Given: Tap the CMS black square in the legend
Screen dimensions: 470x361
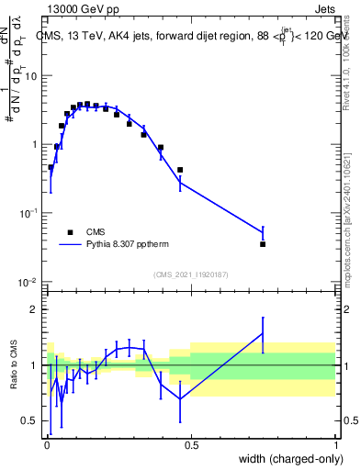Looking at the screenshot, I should tap(70, 232).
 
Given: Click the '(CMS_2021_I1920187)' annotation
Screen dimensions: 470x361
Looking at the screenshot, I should tap(190, 274).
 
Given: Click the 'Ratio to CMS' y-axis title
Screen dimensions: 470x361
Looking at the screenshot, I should tap(15, 364).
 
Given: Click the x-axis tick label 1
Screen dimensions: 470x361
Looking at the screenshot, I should tap(336, 445).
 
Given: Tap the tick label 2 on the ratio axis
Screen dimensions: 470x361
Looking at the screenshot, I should tap(36, 309).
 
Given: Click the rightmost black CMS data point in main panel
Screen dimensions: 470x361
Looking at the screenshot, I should tap(263, 244).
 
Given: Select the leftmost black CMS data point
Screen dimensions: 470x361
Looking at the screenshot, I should tap(51, 167).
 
